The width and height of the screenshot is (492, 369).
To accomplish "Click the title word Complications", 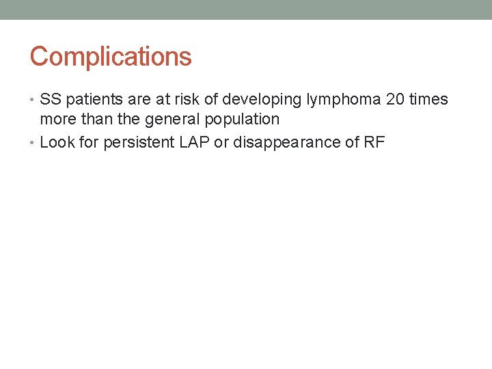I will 111,57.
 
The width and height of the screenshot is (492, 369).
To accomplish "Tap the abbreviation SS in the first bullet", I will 51,100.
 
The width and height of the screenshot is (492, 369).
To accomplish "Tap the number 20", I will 396,100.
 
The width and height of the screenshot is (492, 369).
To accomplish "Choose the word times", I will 429,100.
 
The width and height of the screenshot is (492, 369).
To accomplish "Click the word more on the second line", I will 57,120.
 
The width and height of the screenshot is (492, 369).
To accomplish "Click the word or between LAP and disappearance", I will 219,143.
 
